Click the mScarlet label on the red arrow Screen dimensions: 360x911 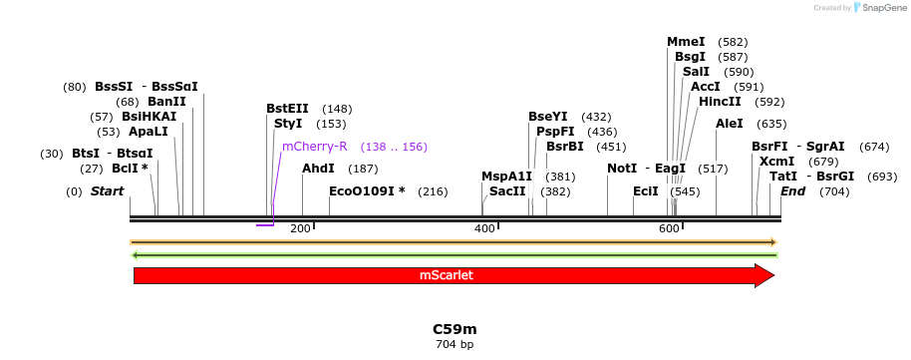pos(446,275)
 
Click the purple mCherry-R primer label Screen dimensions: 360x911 pos(314,147)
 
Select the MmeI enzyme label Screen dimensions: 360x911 pos(686,42)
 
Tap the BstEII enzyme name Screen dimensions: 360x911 pos(287,109)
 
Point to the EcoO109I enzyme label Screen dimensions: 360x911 pos(367,191)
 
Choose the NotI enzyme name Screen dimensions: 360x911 pos(622,169)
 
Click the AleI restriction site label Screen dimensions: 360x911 pos(730,124)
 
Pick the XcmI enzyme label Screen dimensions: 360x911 pos(776,162)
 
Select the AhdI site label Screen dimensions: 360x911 pos(318,169)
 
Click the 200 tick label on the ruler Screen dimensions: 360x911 pos(300,229)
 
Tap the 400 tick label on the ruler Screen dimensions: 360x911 pos(484,229)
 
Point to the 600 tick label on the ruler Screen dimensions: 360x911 pos(668,229)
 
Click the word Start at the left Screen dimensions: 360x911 pos(107,191)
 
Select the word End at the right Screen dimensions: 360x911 pos(792,191)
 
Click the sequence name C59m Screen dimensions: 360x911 pos(455,329)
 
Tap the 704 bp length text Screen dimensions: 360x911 pos(455,345)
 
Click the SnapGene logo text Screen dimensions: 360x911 pos(878,8)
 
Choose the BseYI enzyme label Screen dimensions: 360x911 pos(547,117)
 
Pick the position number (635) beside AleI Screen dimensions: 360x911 pos(771,124)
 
